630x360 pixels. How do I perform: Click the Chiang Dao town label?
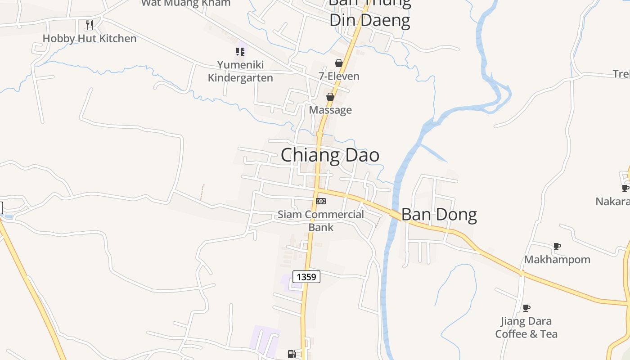(x=330, y=155)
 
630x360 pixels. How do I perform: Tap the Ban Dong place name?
(x=439, y=215)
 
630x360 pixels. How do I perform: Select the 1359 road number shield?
(x=306, y=277)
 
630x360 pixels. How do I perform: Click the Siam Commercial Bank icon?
(x=320, y=201)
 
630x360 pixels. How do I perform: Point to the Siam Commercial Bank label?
(x=321, y=220)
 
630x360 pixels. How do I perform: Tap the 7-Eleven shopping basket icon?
(x=339, y=63)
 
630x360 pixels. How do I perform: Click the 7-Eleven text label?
(x=339, y=76)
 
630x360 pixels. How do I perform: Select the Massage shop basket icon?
(x=330, y=97)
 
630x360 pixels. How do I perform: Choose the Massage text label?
(x=330, y=110)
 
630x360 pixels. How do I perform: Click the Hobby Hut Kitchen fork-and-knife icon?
(x=90, y=25)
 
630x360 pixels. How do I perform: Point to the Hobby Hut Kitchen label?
(x=90, y=39)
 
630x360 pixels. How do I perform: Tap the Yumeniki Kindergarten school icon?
(x=240, y=52)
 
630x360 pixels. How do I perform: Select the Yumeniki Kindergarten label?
(x=240, y=72)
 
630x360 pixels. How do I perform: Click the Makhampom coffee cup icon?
(x=557, y=246)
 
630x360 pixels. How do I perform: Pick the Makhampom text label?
(x=557, y=260)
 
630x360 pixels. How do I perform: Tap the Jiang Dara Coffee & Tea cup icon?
(x=526, y=308)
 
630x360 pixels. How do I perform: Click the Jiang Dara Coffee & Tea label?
(x=526, y=328)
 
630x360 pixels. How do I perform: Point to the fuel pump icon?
(x=292, y=354)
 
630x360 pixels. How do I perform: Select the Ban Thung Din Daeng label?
(x=370, y=13)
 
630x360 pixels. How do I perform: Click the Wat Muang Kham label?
(x=186, y=3)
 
